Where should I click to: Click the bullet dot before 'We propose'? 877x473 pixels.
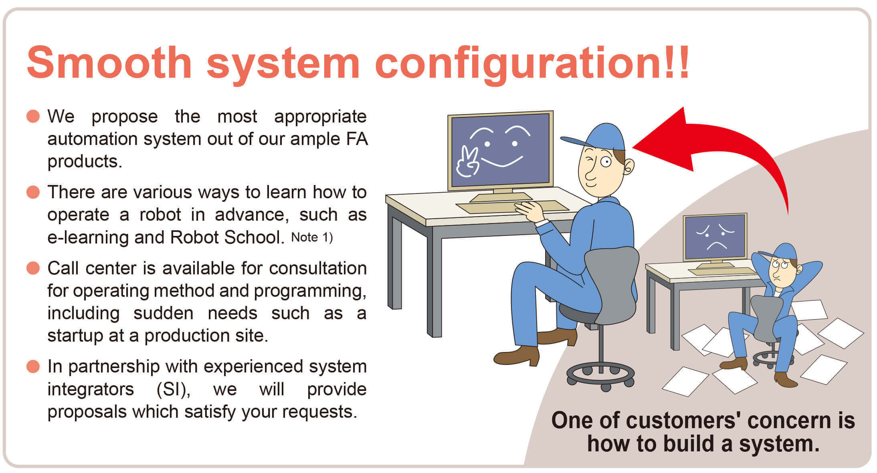click(x=33, y=117)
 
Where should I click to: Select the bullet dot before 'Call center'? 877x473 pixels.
click(x=33, y=268)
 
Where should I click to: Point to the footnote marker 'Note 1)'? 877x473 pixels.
click(x=312, y=238)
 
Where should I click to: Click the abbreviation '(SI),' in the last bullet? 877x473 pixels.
click(x=173, y=389)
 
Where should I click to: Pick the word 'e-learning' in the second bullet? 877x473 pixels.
click(x=89, y=238)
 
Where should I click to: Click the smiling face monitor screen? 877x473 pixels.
click(x=501, y=150)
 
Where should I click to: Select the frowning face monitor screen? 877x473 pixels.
click(x=715, y=237)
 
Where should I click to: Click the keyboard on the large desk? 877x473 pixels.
click(x=512, y=207)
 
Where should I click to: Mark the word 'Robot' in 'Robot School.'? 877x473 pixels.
click(x=194, y=238)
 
